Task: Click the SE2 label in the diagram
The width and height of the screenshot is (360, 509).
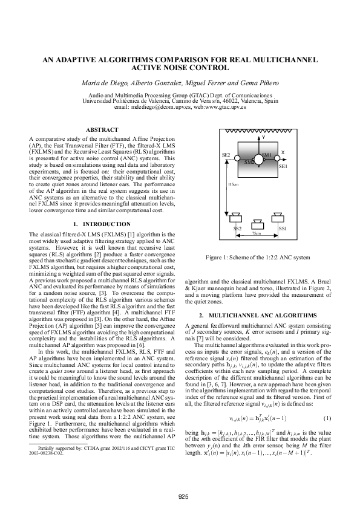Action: [x=226, y=155]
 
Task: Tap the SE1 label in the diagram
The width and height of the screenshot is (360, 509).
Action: [x=283, y=165]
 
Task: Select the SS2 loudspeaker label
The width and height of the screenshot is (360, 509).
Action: [x=238, y=229]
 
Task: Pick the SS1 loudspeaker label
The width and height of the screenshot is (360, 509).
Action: [x=283, y=229]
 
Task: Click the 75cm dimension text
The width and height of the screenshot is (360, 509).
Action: [x=257, y=233]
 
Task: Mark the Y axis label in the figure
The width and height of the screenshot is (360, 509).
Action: [x=263, y=138]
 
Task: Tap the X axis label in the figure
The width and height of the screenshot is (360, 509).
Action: [x=283, y=152]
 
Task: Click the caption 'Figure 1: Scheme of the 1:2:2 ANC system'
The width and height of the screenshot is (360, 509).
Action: [x=258, y=258]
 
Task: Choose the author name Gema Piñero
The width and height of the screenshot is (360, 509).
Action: [x=255, y=82]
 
